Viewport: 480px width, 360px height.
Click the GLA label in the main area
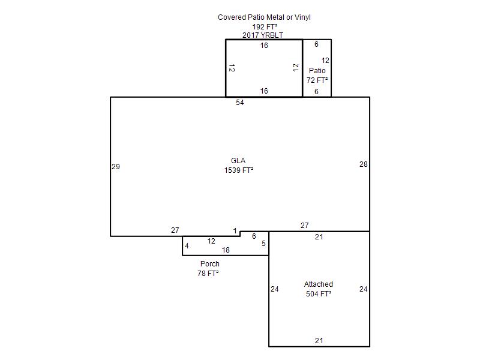click(x=238, y=161)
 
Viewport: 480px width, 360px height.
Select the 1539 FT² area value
click(x=239, y=170)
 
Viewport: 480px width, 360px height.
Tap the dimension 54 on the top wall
click(x=239, y=103)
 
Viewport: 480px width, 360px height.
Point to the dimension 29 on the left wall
click(x=116, y=167)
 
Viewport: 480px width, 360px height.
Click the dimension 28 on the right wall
click(x=364, y=164)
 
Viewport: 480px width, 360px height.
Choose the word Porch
click(x=209, y=264)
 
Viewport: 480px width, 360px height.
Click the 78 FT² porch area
click(x=208, y=274)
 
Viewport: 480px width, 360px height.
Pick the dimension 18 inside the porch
click(x=226, y=250)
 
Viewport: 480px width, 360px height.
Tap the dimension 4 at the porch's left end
click(x=187, y=246)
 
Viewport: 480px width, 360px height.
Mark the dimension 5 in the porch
click(x=263, y=244)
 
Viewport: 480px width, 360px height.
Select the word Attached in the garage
click(x=319, y=284)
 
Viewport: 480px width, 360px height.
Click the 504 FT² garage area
click(x=319, y=294)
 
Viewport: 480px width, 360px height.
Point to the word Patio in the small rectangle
click(x=317, y=71)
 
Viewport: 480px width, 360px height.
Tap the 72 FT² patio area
click(x=317, y=80)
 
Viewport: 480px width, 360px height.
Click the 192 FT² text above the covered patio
click(x=265, y=27)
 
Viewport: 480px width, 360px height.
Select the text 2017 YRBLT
click(x=263, y=35)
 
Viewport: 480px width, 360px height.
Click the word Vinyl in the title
click(x=302, y=17)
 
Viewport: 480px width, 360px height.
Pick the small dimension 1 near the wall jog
click(x=235, y=231)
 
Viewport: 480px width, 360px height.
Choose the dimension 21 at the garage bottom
click(x=319, y=340)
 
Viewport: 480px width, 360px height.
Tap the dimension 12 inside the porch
click(x=211, y=241)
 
